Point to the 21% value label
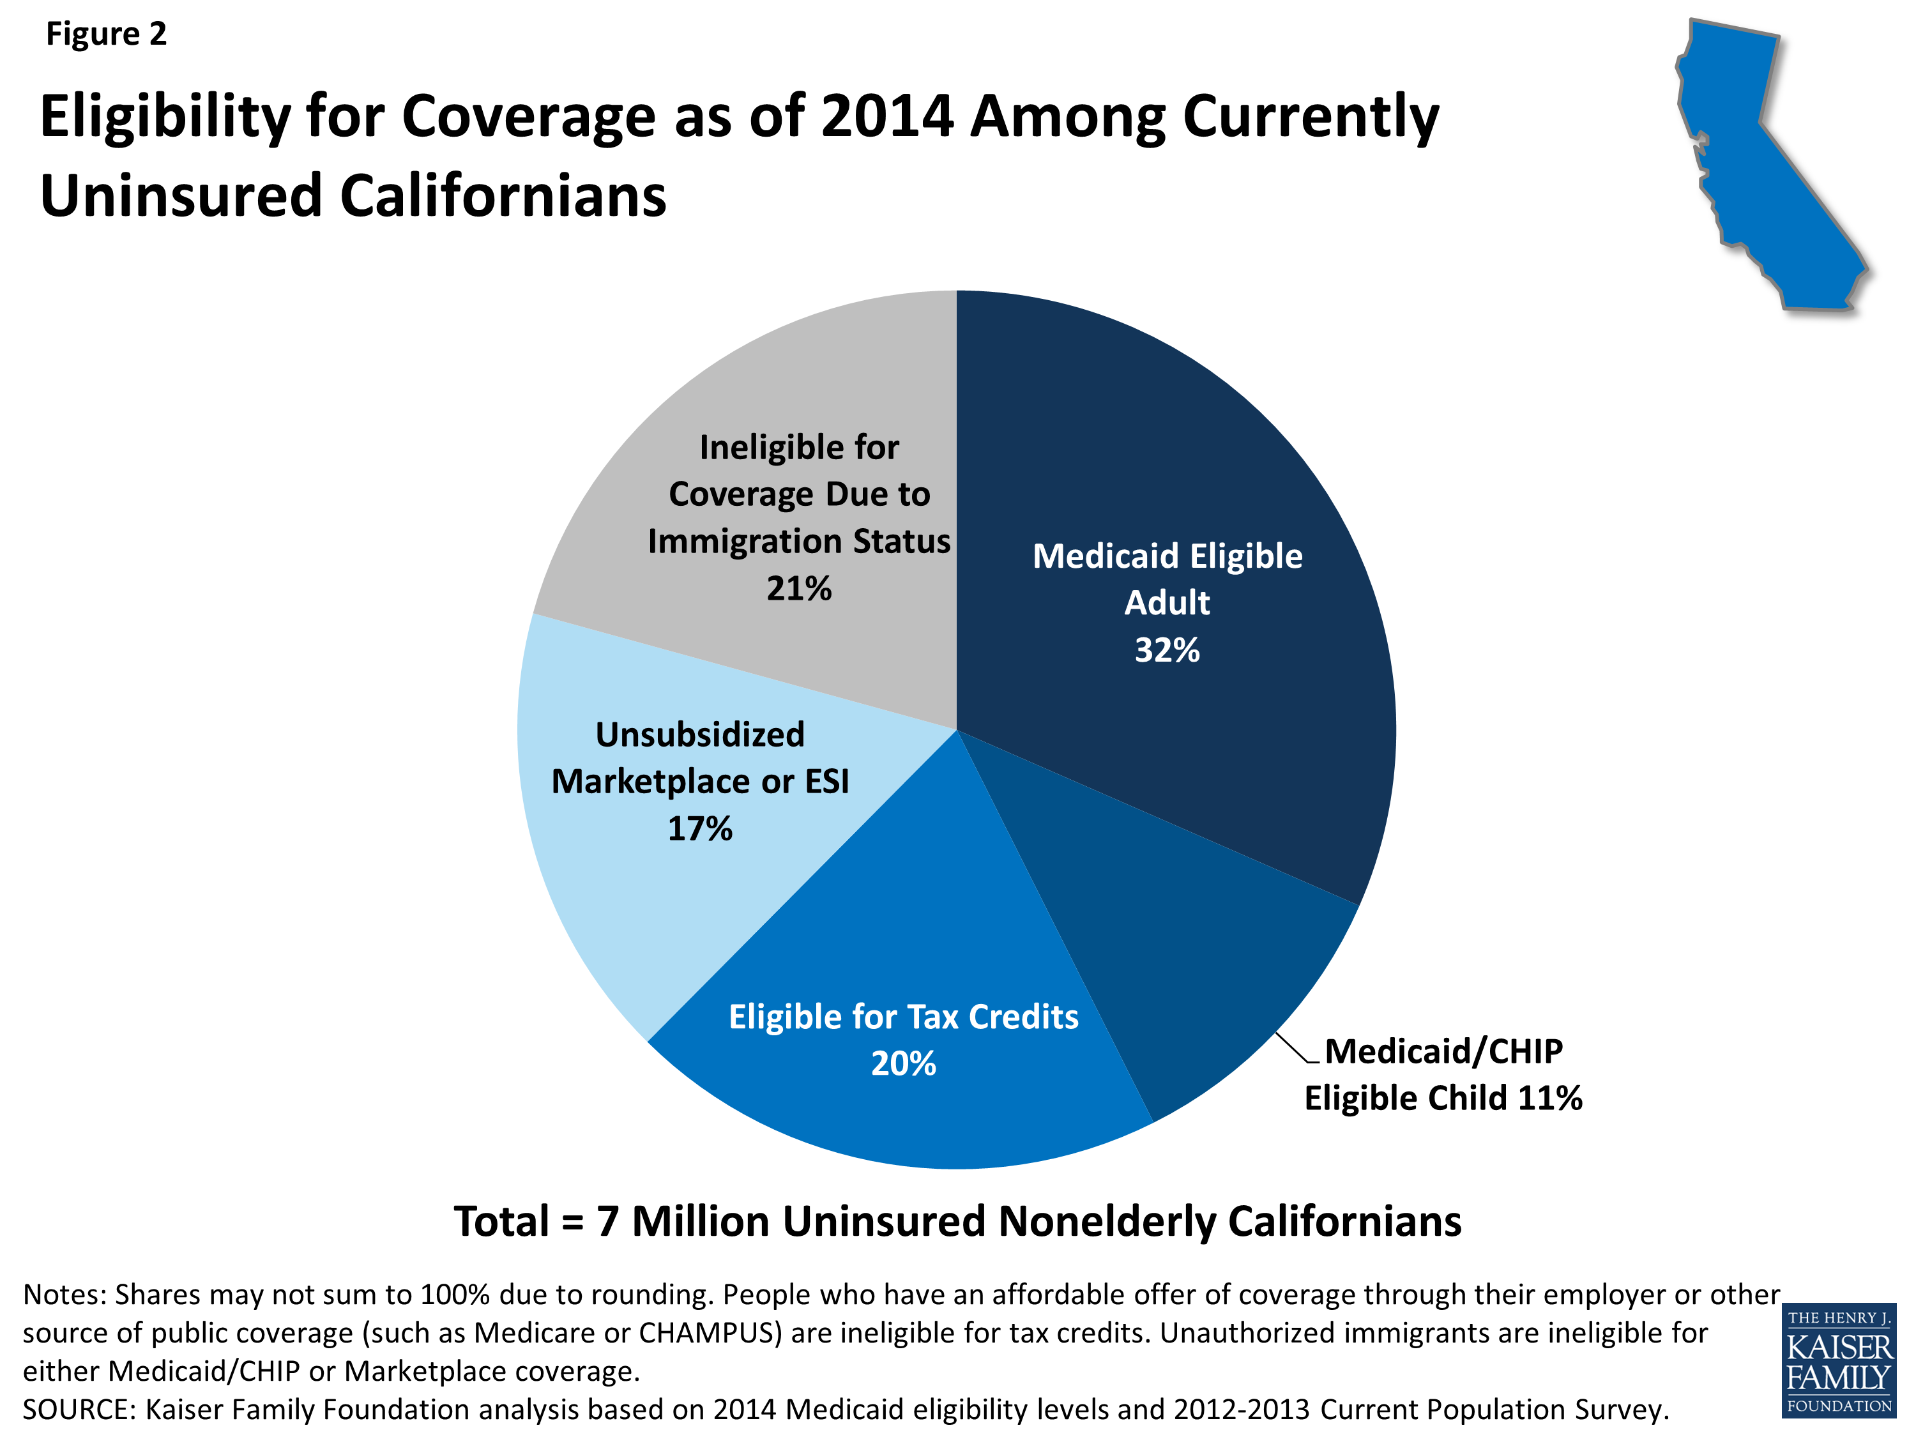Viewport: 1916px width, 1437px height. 798,589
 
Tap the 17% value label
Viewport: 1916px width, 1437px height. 700,829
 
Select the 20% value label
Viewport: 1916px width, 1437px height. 904,1063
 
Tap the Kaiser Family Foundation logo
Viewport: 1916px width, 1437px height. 1839,1361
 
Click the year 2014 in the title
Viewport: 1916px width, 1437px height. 887,117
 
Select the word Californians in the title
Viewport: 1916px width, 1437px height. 503,197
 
